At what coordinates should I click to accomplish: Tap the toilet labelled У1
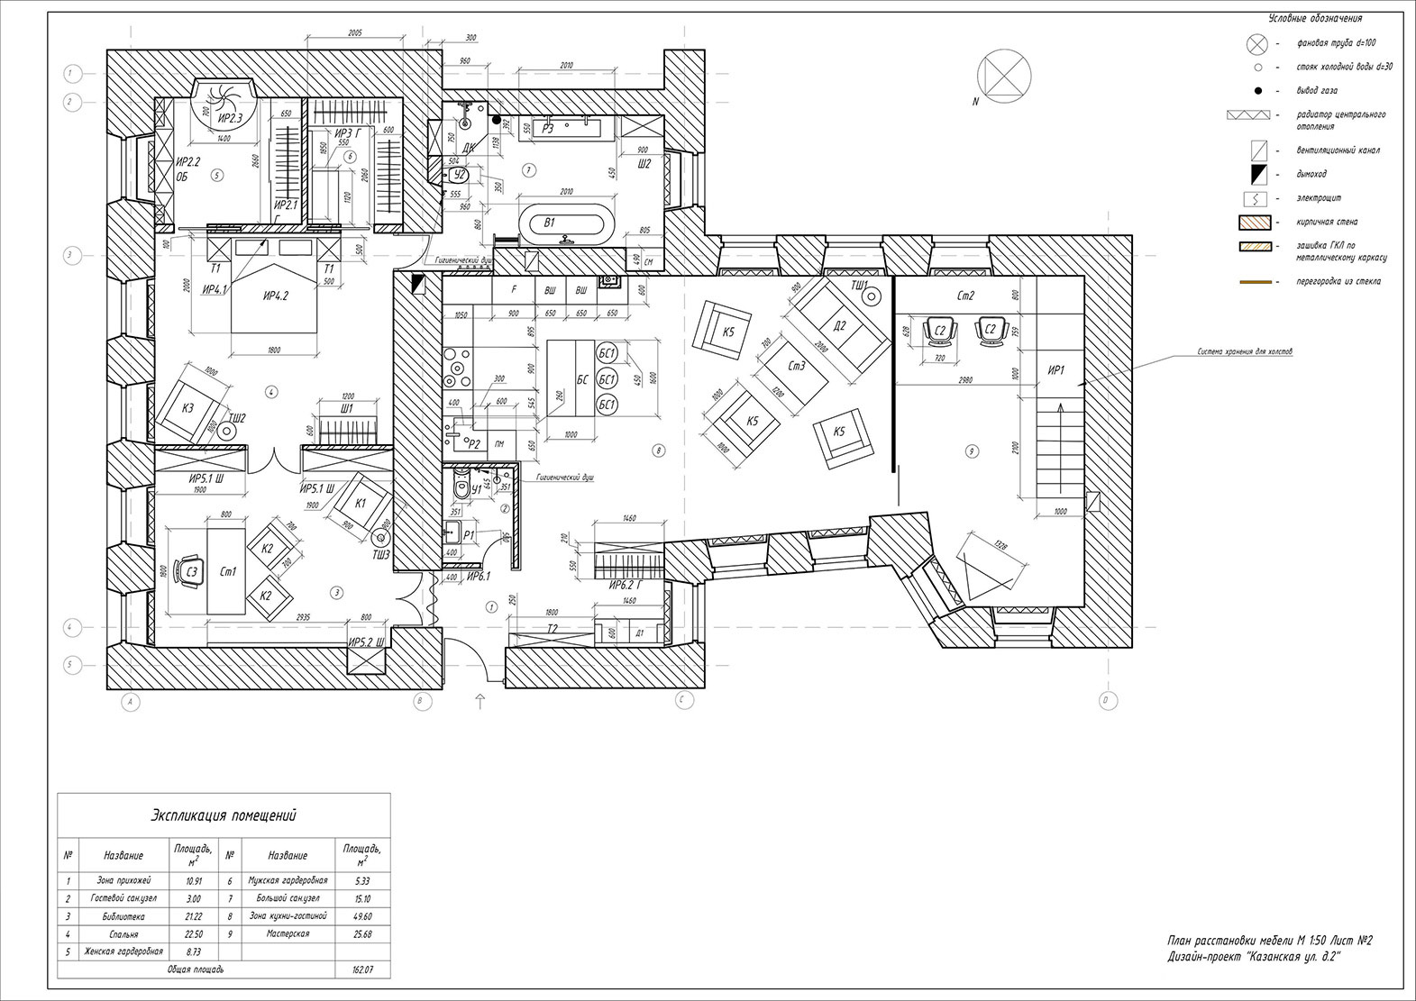click(x=462, y=487)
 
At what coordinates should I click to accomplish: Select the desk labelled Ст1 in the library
click(x=226, y=571)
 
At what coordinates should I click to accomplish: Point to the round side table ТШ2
click(x=229, y=432)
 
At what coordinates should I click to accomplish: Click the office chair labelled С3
click(x=190, y=570)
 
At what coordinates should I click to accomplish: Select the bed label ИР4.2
click(x=276, y=296)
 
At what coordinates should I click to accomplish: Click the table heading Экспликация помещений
click(x=224, y=815)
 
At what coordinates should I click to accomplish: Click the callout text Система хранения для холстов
click(x=1244, y=352)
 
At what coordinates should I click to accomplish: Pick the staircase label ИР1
click(x=1057, y=370)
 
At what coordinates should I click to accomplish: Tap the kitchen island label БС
click(x=582, y=380)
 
